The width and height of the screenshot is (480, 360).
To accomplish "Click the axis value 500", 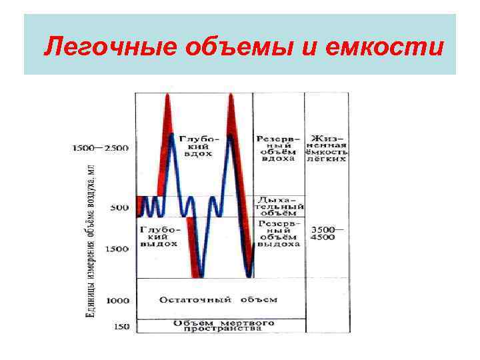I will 119,208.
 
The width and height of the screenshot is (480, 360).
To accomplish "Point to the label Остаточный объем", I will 218,300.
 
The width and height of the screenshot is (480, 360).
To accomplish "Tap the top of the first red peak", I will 167,95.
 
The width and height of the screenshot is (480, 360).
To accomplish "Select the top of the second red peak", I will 231,95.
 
